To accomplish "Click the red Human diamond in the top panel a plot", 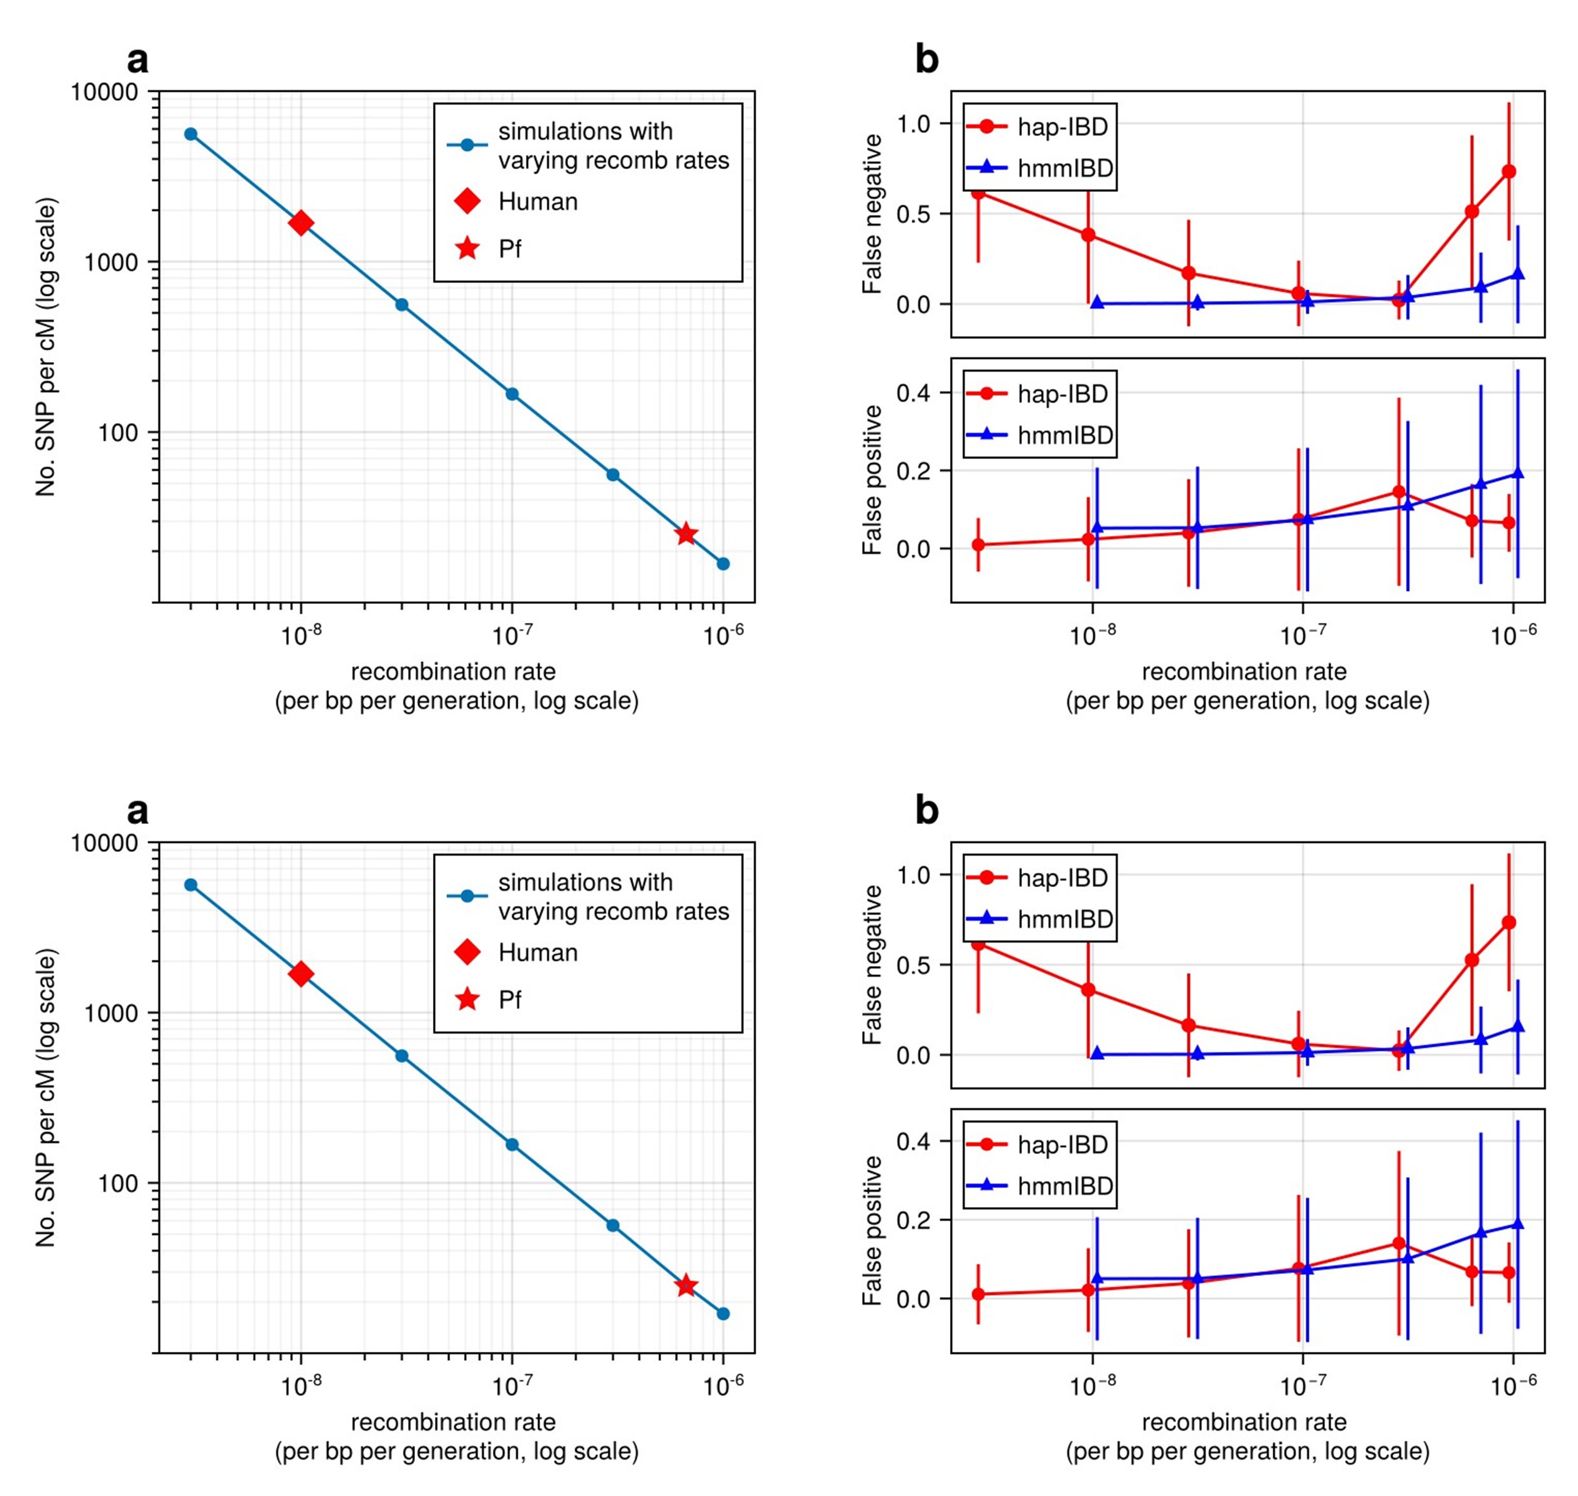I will point(300,223).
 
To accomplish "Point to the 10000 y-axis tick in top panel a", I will point(104,92).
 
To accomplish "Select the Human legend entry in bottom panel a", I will point(537,952).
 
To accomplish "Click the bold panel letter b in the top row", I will point(926,61).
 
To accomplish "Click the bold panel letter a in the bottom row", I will point(138,811).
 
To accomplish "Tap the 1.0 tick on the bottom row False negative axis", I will point(914,875).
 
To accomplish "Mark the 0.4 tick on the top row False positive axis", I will point(914,392).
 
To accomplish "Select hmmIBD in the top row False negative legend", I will point(1065,168).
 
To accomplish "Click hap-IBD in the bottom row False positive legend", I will point(1062,1145).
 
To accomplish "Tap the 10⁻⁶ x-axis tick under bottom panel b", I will point(1514,1386).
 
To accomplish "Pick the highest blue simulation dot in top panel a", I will point(191,134).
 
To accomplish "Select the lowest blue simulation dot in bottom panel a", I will point(722,1314).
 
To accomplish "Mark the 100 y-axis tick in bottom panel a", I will point(118,1184).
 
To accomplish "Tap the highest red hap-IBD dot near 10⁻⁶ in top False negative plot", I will point(1509,172).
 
